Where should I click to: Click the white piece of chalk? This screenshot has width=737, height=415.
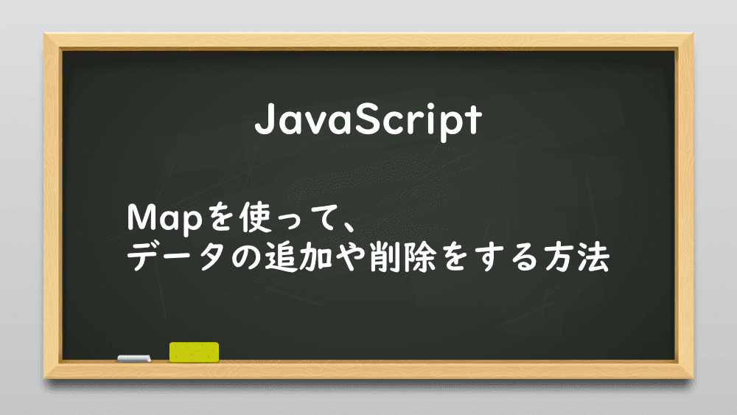[x=134, y=358]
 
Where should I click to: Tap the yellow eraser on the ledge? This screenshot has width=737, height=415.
[x=194, y=352]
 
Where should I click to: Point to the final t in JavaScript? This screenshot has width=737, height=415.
[x=472, y=120]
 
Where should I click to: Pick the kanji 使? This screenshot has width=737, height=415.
[x=256, y=217]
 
